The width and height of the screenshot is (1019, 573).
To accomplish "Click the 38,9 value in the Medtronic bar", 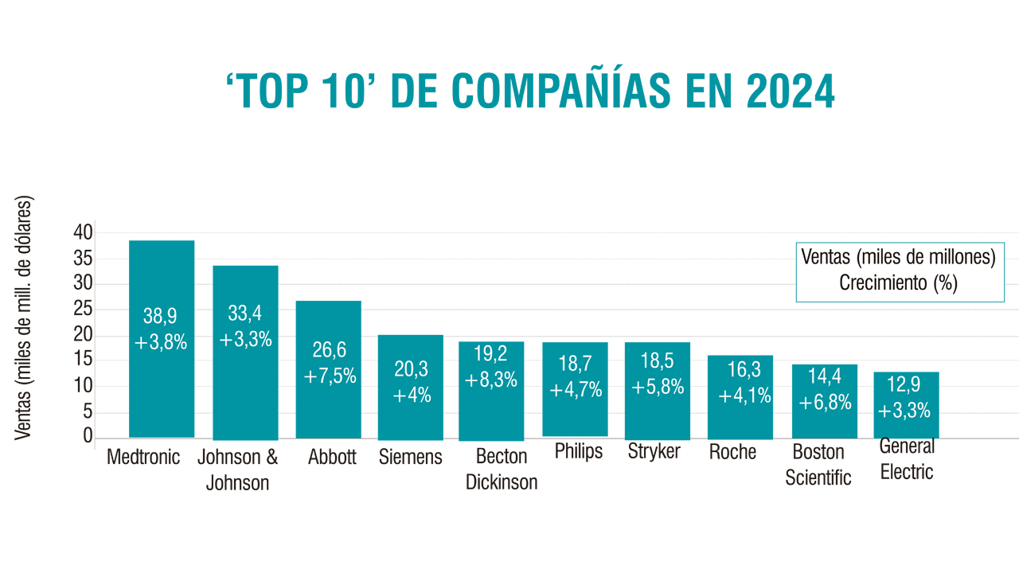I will [160, 316].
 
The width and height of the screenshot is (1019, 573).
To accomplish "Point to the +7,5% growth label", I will [330, 376].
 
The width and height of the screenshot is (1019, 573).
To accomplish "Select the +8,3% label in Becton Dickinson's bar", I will [490, 380].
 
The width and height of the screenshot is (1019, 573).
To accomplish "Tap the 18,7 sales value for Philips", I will [575, 364].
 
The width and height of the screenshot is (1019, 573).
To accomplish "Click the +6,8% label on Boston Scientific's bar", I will [825, 402].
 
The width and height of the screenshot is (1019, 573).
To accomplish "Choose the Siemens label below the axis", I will [411, 458].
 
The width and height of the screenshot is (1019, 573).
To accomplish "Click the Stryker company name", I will [654, 452].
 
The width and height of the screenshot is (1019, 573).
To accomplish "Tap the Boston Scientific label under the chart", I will [818, 465].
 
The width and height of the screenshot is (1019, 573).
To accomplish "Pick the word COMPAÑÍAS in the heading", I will [535, 92].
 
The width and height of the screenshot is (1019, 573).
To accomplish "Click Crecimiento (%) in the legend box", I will [898, 283].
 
